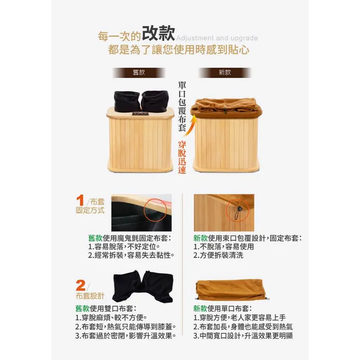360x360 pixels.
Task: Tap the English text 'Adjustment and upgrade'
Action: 215,38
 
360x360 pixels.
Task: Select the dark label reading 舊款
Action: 139,72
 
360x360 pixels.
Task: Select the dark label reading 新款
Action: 225,72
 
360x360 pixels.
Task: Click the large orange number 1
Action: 81,200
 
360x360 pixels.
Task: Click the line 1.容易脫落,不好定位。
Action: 124,247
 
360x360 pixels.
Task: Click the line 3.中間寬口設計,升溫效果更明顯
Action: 243,336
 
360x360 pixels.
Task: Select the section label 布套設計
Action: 90,296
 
